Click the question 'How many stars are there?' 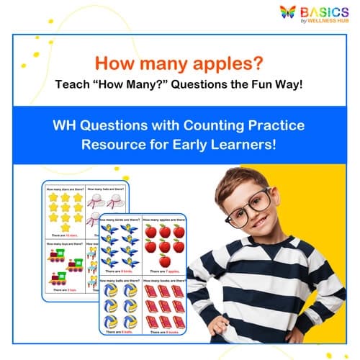(63, 190)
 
